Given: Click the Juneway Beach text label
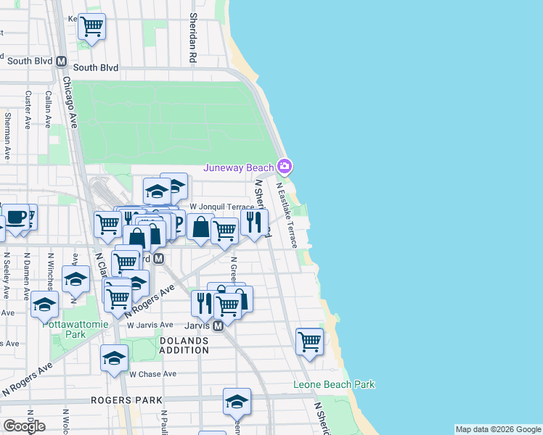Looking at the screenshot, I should (239, 168).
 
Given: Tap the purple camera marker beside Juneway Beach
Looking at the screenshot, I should (285, 167).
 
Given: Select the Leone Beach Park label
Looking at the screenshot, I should (334, 384).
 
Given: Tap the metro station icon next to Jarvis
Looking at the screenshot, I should (218, 326).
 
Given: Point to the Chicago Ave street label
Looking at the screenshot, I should (70, 101).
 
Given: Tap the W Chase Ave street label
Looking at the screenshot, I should (152, 374).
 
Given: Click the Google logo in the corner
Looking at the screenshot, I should (24, 426).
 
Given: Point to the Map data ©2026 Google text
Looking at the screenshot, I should (498, 429).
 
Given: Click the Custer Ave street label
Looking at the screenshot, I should (28, 105).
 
